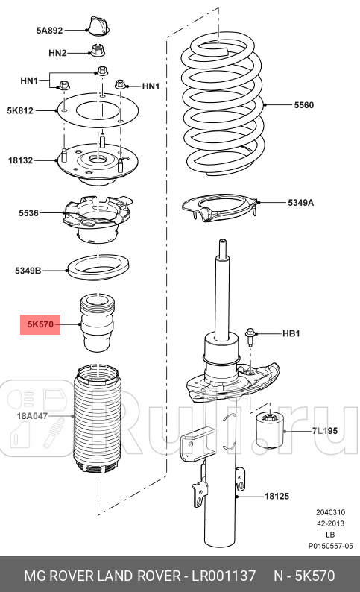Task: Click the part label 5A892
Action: pos(49,31)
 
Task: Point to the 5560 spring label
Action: pos(303,105)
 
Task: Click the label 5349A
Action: pos(301,202)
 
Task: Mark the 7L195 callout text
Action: pos(324,432)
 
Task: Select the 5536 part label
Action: pos(28,213)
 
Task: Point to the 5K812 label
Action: pos(22,110)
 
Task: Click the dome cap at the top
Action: pos(98,27)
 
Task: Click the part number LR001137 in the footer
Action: pos(222,576)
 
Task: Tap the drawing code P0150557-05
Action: pos(330,547)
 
